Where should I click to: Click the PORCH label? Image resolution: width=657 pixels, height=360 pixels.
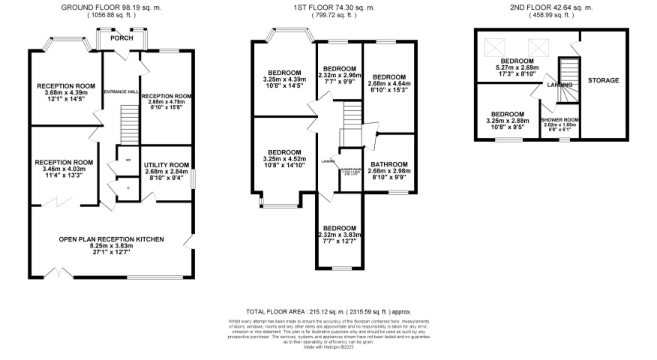point(121,38)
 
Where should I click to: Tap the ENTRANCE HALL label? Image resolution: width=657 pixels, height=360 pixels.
point(121,92)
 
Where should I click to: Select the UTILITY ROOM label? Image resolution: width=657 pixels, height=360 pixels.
point(166,165)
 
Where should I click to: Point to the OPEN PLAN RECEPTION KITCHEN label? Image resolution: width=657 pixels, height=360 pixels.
point(111,239)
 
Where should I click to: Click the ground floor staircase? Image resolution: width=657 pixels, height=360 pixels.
point(130,124)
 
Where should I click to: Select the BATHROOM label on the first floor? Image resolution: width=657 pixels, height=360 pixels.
point(389,164)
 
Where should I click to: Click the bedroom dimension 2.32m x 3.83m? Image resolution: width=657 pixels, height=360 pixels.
point(340,235)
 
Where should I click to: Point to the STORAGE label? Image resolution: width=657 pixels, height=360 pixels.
point(603,80)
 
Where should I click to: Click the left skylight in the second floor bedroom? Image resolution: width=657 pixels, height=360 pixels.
point(495,48)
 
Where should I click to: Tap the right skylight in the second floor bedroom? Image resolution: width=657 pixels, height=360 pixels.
point(538,48)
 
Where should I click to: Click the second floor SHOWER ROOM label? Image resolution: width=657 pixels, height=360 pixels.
point(560,120)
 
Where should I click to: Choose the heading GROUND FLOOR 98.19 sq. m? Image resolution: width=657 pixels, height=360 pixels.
point(111,7)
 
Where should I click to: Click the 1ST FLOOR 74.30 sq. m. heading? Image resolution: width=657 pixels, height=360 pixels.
point(334,7)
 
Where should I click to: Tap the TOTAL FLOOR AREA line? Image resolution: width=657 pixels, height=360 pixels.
point(328,312)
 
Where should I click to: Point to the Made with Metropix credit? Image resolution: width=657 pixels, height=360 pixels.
point(328,347)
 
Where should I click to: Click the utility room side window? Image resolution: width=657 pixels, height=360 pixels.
point(193,179)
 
